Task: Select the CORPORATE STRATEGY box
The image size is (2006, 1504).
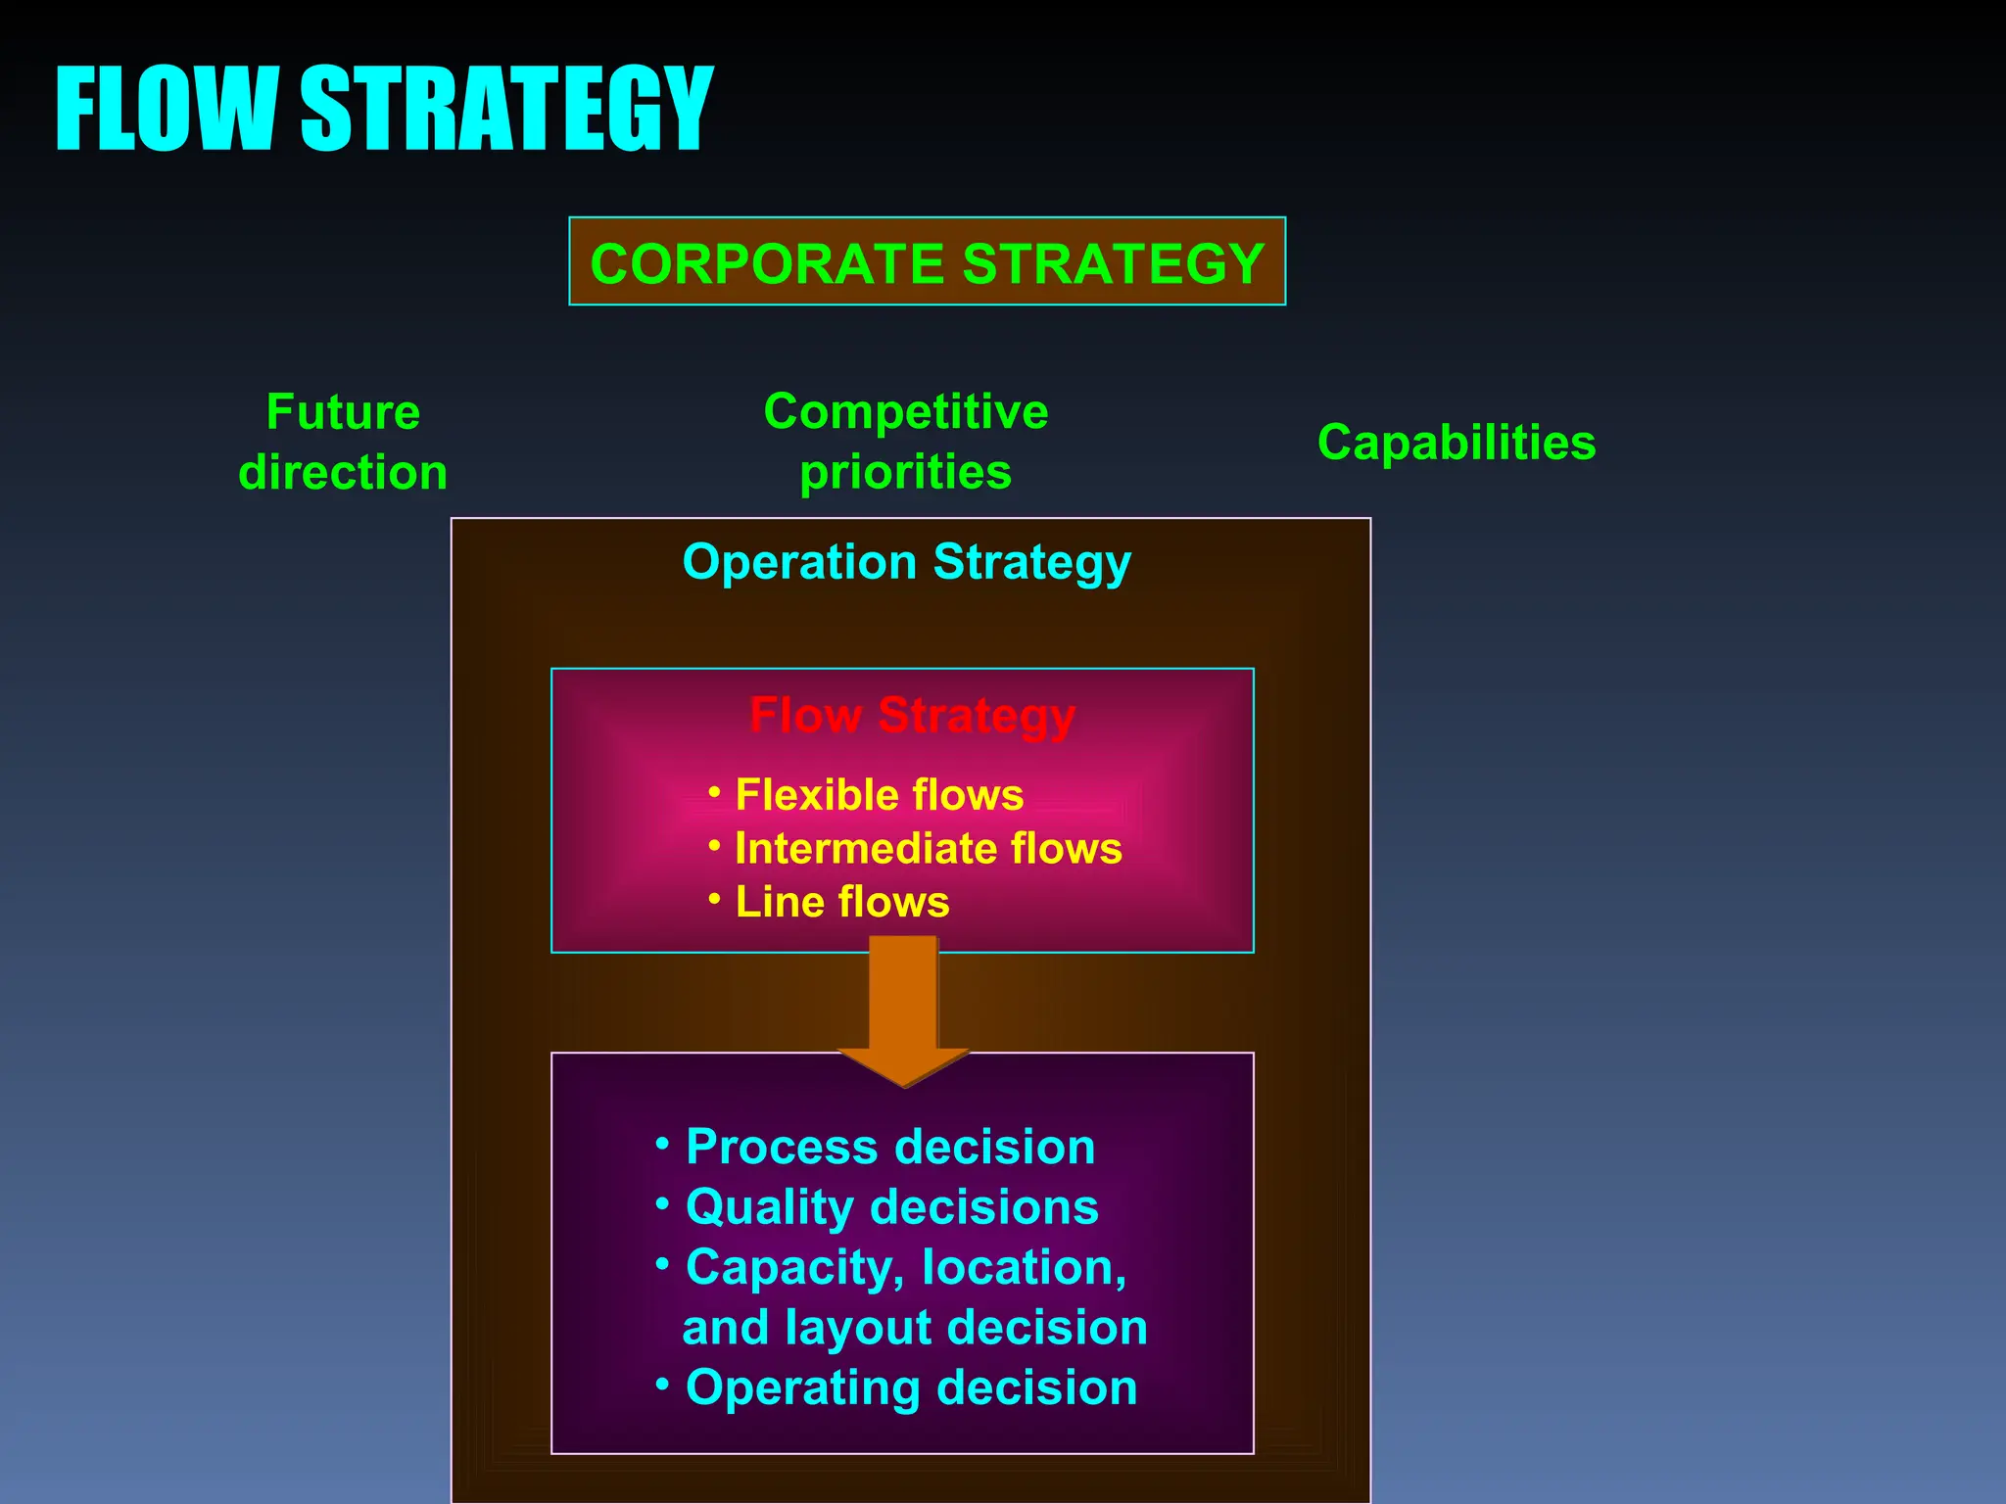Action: (x=927, y=262)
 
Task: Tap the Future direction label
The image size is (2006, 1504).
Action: (x=343, y=442)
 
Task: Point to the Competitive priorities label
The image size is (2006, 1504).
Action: (x=906, y=442)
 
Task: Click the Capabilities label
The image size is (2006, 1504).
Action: (x=1457, y=443)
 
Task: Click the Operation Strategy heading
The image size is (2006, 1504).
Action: (x=907, y=563)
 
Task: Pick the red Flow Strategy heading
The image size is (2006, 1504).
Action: (x=912, y=716)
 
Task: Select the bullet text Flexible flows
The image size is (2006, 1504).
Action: (x=879, y=795)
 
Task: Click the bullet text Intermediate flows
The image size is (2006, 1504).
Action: (x=928, y=849)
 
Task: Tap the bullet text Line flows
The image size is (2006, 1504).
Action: (x=842, y=902)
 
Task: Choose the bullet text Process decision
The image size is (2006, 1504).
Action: (x=889, y=1147)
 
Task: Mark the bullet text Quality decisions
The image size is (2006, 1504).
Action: (x=891, y=1207)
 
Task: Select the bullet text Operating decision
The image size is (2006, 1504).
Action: (x=911, y=1388)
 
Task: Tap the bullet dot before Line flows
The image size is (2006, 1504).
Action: (x=714, y=897)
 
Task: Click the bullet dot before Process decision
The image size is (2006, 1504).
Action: (x=663, y=1142)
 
